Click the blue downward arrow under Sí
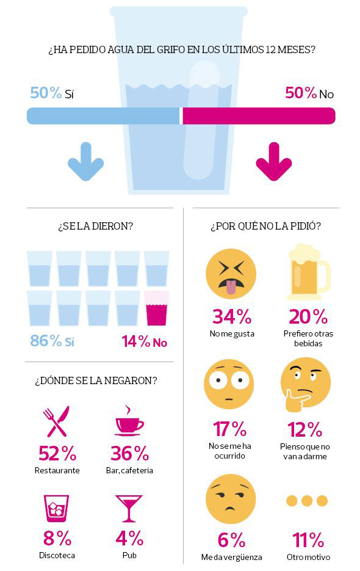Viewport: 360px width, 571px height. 85,161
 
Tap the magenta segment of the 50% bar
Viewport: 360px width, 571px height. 259,116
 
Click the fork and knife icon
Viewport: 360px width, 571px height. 56,421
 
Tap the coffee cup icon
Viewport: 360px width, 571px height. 129,421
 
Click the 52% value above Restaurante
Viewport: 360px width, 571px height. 57,453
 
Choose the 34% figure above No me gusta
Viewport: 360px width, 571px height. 231,316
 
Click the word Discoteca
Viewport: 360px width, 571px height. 57,556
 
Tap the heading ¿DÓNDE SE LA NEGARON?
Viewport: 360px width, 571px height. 96,380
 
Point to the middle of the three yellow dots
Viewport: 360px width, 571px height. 307,501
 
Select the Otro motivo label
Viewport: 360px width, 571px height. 308,557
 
